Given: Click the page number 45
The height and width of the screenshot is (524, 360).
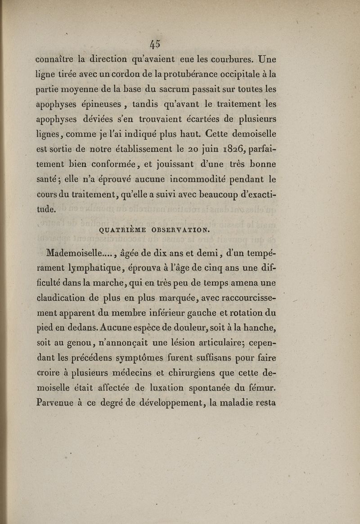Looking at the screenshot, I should coord(155,44).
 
